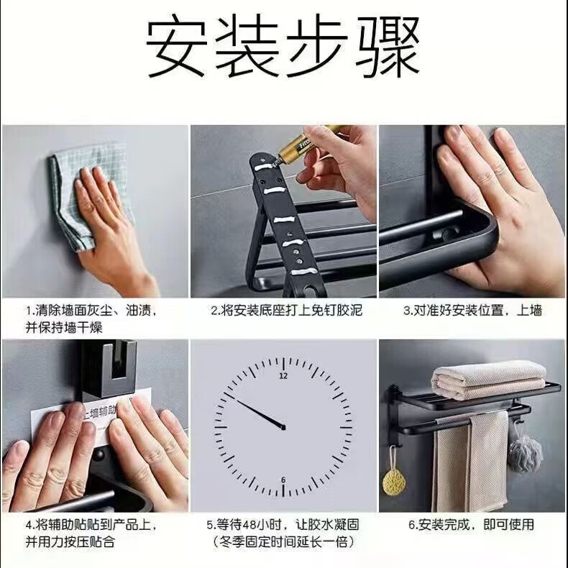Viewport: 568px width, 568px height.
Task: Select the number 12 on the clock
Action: (283, 375)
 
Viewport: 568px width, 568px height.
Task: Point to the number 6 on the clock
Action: (283, 480)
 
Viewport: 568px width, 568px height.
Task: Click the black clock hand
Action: (260, 413)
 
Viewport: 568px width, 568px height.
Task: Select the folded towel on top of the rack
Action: (489, 380)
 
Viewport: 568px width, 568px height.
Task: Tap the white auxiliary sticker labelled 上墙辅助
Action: (91, 420)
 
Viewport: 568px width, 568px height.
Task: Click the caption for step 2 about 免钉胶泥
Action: (287, 311)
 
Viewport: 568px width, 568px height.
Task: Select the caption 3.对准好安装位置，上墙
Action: (473, 311)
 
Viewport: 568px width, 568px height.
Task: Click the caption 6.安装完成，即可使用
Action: (471, 525)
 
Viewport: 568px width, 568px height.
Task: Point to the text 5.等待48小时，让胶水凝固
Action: (283, 525)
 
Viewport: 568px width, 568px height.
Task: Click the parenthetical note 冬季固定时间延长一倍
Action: (283, 542)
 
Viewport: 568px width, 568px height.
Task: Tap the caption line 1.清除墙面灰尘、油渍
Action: (91, 311)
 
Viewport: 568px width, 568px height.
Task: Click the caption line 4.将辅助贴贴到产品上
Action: (91, 525)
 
